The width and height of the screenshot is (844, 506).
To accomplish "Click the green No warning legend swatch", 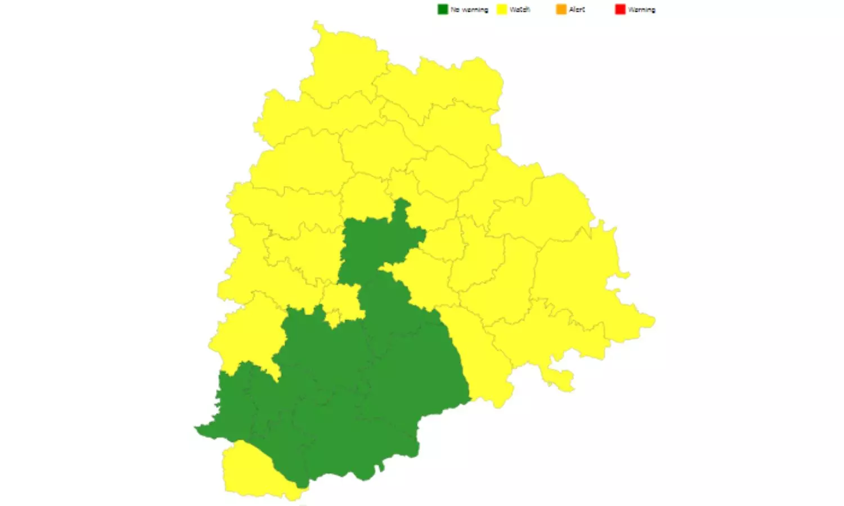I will point(443,10).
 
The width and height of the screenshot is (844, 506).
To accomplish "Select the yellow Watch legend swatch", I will point(501,10).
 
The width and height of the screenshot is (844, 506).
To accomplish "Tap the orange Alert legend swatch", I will point(561,10).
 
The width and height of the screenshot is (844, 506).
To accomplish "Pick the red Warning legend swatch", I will point(620,10).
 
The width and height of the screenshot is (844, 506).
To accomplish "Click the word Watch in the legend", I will point(520,10).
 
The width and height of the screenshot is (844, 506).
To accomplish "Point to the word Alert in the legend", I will point(577,10).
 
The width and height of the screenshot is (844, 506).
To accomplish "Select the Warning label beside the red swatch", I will point(642,10).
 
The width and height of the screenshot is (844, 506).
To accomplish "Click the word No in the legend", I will point(455,10).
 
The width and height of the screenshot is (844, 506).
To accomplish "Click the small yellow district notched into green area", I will point(342,304).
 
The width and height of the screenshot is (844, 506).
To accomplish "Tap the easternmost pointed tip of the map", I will point(653,322).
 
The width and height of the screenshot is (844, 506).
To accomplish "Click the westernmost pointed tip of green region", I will point(197,429).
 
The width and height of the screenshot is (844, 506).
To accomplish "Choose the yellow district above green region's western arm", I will point(248,337).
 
